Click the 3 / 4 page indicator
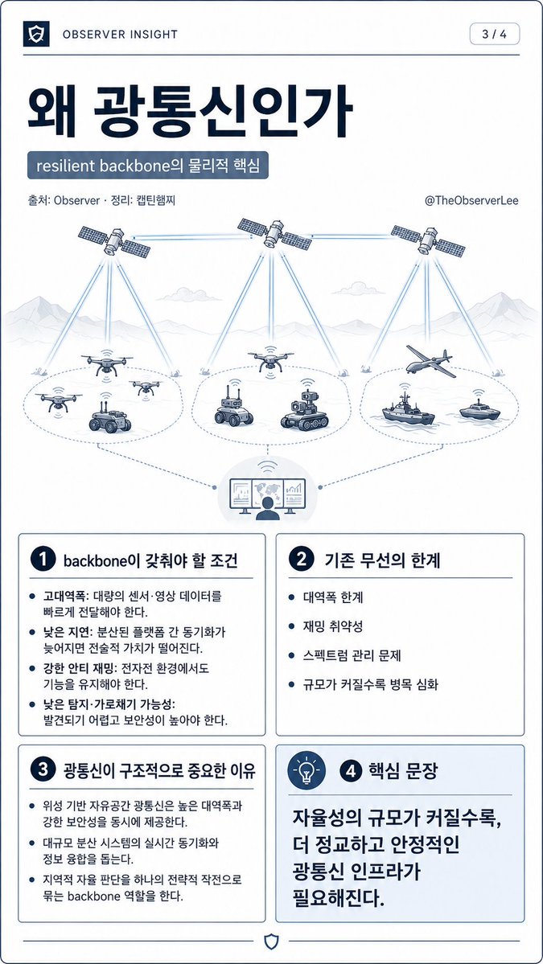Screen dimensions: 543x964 point(495,34)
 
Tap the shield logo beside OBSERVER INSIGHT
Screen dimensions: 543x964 point(35,35)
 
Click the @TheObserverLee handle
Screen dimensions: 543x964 point(471,200)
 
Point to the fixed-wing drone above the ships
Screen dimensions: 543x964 point(431,360)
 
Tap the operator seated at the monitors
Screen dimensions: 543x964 point(268,508)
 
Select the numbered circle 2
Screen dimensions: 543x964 point(301,560)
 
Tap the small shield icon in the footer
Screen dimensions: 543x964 point(270,941)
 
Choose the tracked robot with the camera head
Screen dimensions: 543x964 point(304,409)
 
